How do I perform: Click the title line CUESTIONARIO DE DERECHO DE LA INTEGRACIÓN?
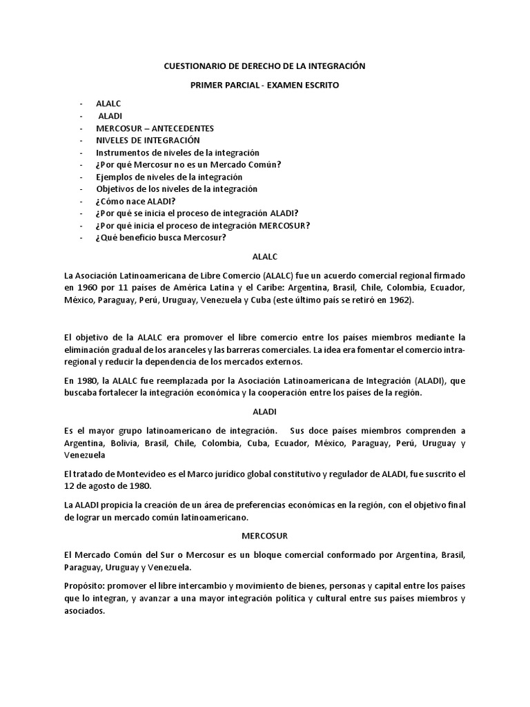point(264,66)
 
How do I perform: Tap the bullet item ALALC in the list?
point(108,104)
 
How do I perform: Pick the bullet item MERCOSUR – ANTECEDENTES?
point(155,128)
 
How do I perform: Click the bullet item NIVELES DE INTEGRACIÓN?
point(143,140)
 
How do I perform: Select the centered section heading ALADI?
point(264,411)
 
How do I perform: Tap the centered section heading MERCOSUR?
point(264,535)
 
